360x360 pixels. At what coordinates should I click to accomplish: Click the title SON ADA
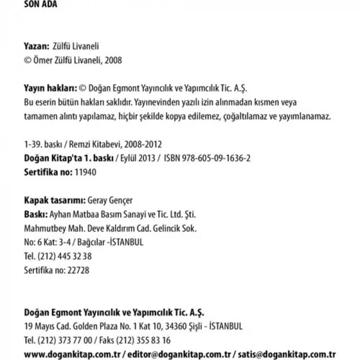point(41,5)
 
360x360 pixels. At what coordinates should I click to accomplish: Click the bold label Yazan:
point(37,46)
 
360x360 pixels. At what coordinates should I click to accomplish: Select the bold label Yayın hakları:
point(50,88)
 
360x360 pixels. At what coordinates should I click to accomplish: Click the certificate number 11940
point(85,172)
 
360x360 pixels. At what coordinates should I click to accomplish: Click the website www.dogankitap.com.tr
point(72,354)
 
